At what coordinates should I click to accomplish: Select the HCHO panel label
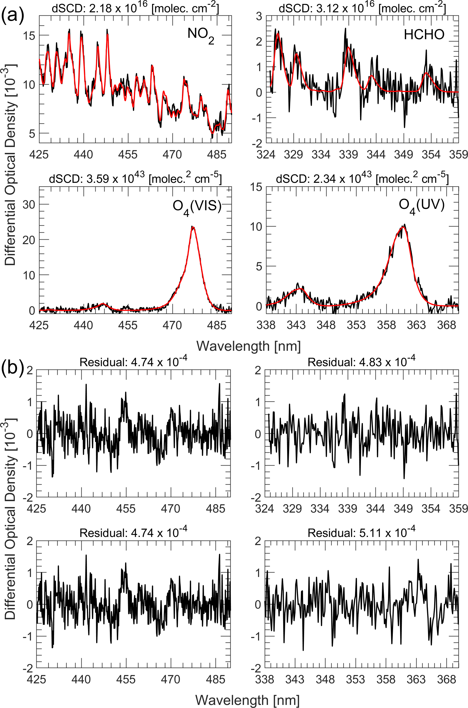[424, 35]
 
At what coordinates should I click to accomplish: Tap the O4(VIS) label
[197, 207]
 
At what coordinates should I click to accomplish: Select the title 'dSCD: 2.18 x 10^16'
[135, 8]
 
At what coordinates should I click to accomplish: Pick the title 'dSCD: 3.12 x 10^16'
[362, 8]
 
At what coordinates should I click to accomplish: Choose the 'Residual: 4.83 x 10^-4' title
[361, 362]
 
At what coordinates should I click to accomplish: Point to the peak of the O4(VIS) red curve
[193, 227]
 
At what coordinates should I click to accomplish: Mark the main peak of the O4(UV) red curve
[403, 227]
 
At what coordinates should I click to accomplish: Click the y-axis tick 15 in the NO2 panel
[29, 36]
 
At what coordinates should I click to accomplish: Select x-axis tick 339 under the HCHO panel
[348, 155]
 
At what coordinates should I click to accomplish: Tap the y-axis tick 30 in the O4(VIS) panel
[29, 204]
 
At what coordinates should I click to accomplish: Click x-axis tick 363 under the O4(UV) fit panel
[416, 325]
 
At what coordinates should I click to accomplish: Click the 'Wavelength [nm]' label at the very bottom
[247, 700]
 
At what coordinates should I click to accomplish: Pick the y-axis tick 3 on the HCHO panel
[259, 17]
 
